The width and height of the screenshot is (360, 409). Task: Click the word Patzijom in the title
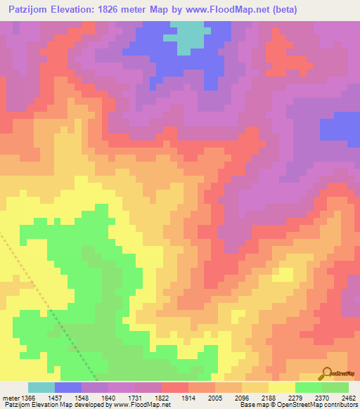[34, 10]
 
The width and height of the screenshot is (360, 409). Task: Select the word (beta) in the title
[281, 10]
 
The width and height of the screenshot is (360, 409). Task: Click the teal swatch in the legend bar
[41, 387]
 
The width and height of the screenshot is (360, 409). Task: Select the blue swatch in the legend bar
[68, 387]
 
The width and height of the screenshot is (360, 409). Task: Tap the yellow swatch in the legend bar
[282, 387]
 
